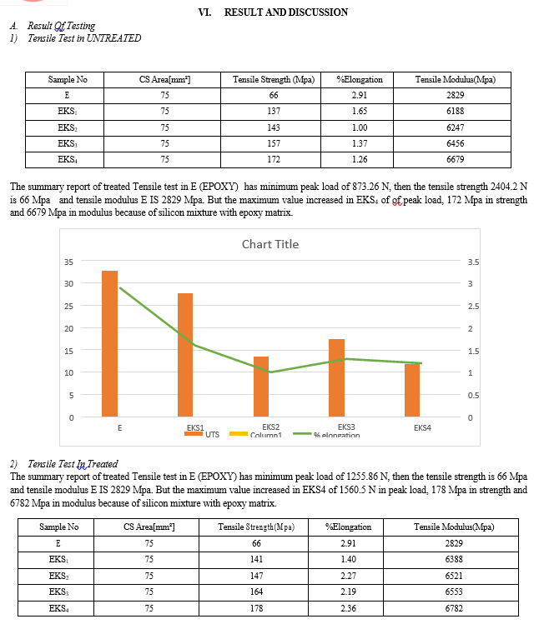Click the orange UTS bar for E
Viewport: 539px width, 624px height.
tap(109, 344)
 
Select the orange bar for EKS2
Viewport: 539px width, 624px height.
tap(261, 387)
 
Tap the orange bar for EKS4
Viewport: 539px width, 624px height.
tap(412, 390)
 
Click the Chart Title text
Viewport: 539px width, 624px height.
tap(270, 244)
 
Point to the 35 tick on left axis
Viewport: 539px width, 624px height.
tap(68, 262)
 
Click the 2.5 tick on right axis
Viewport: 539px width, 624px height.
tap(473, 306)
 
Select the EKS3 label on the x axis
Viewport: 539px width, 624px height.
tap(346, 427)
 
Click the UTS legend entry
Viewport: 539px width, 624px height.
tap(202, 434)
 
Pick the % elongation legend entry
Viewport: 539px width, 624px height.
tap(326, 435)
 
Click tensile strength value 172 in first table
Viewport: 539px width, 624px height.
tap(274, 160)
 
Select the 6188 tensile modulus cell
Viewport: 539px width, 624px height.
tap(455, 111)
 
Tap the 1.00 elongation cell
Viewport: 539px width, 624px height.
tap(360, 127)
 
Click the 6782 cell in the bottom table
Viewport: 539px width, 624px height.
tap(454, 608)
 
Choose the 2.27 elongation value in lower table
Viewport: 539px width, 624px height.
tap(348, 576)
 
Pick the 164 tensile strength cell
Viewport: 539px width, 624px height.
tap(256, 592)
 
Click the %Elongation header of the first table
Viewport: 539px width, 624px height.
tap(360, 80)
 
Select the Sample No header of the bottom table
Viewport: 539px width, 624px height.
tap(59, 527)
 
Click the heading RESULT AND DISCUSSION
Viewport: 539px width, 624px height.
tap(286, 12)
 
